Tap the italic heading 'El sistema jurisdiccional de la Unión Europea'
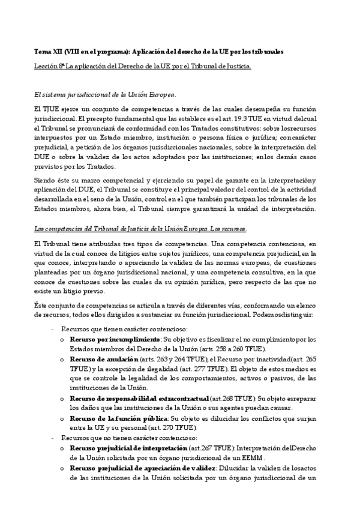(105, 95)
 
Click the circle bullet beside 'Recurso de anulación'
(62, 359)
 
